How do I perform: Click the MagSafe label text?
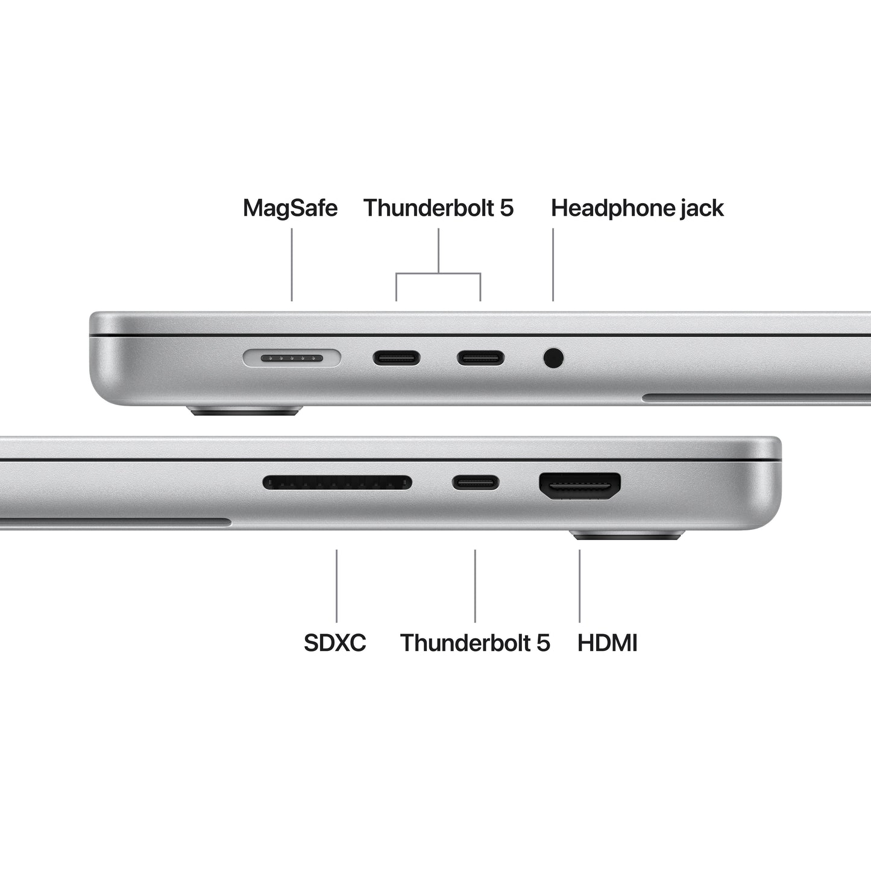point(290,208)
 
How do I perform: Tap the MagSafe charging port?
point(292,359)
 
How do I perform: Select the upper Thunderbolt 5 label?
point(438,208)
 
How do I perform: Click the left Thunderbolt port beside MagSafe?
point(396,359)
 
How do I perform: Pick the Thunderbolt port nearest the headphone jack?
point(480,359)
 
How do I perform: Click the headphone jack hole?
point(553,358)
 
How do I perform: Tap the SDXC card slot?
point(337,482)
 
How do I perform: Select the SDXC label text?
point(335,643)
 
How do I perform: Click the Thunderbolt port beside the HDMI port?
point(476,482)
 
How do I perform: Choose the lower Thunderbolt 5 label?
point(475,643)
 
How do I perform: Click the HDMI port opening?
point(579,485)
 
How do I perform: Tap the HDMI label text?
point(607,643)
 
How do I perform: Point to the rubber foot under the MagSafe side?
point(245,412)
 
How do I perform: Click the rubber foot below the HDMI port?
point(627,535)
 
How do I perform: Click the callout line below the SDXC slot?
point(336,585)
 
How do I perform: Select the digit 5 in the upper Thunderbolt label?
point(507,208)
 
